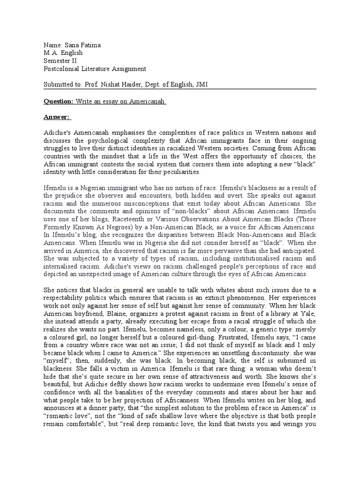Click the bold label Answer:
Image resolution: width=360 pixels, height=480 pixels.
click(x=56, y=117)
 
